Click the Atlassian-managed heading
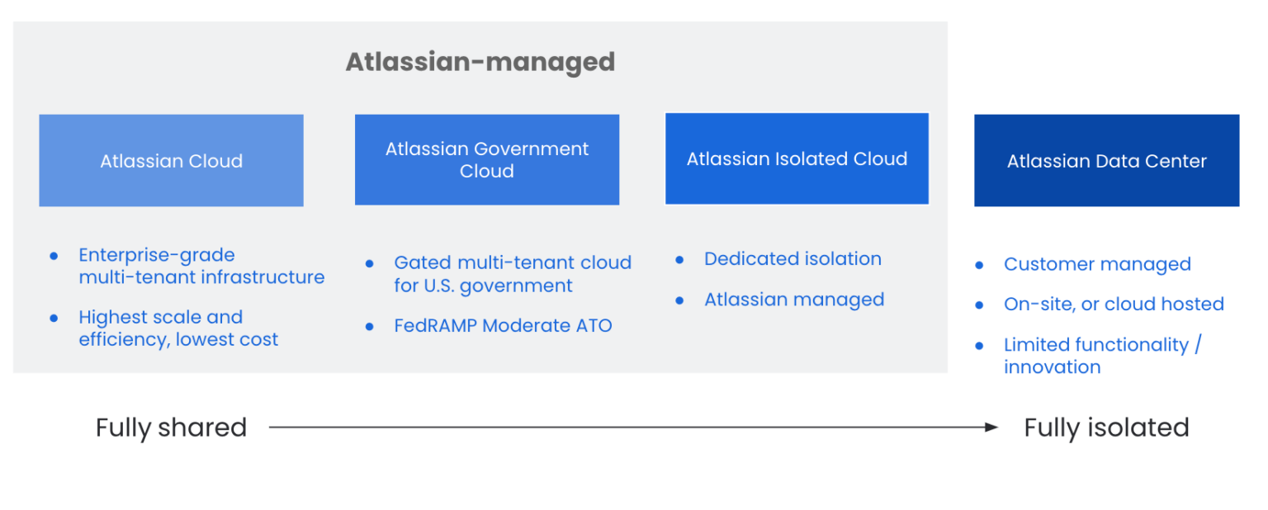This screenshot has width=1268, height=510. tap(480, 62)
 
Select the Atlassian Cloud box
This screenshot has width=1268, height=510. tap(171, 161)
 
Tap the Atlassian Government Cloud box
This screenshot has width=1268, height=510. tap(486, 160)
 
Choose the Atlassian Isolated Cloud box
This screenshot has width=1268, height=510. tap(797, 159)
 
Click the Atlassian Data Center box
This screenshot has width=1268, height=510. tap(1106, 161)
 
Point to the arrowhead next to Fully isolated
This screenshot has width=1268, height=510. tap(991, 427)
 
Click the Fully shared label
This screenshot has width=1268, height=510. tap(171, 427)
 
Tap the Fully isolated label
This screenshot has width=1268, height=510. tap(1106, 427)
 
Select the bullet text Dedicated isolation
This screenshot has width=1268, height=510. tap(792, 259)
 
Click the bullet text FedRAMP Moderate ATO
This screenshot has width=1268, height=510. tap(503, 326)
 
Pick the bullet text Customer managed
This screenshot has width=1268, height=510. tap(1097, 265)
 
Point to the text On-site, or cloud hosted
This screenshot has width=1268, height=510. tap(1114, 305)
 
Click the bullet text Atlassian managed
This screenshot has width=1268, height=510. tap(794, 300)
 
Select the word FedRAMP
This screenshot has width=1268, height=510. tap(435, 326)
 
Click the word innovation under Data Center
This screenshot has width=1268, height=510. tap(1052, 367)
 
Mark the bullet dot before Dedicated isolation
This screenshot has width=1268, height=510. tap(679, 260)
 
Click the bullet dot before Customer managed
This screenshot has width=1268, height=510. tap(979, 266)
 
